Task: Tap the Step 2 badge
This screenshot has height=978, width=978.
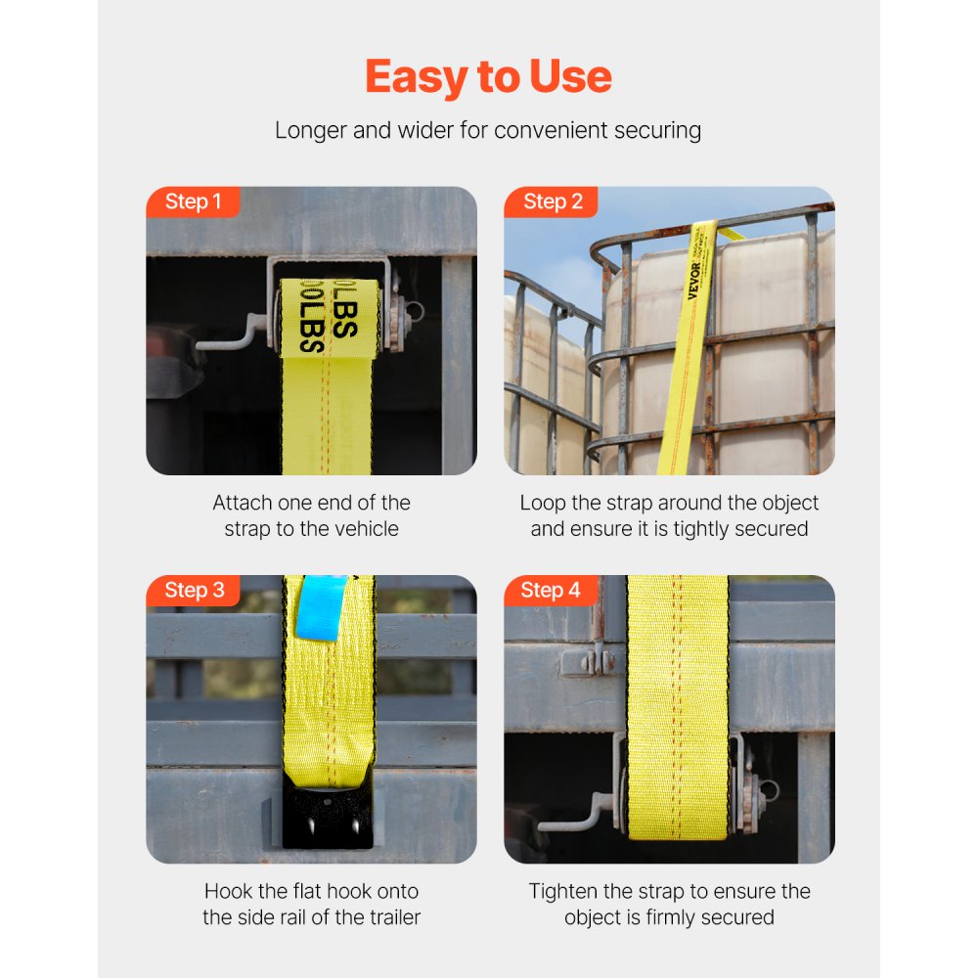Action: tap(553, 202)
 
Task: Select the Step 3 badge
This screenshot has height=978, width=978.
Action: tap(194, 591)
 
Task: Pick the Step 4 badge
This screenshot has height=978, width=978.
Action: tap(551, 591)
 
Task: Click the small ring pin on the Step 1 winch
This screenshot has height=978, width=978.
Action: tap(416, 312)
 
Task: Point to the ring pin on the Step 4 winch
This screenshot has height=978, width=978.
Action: tap(770, 790)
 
